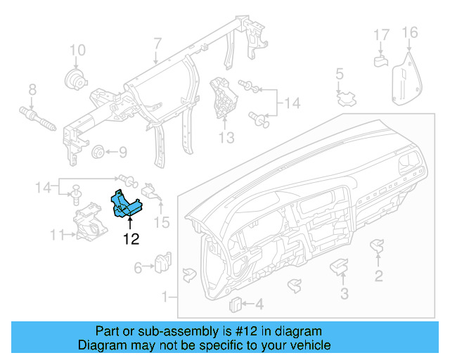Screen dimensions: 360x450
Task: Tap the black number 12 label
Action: [131, 239]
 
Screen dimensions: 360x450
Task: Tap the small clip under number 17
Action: [380, 60]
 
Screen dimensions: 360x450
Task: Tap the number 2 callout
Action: [378, 276]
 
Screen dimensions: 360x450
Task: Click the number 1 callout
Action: [165, 297]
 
